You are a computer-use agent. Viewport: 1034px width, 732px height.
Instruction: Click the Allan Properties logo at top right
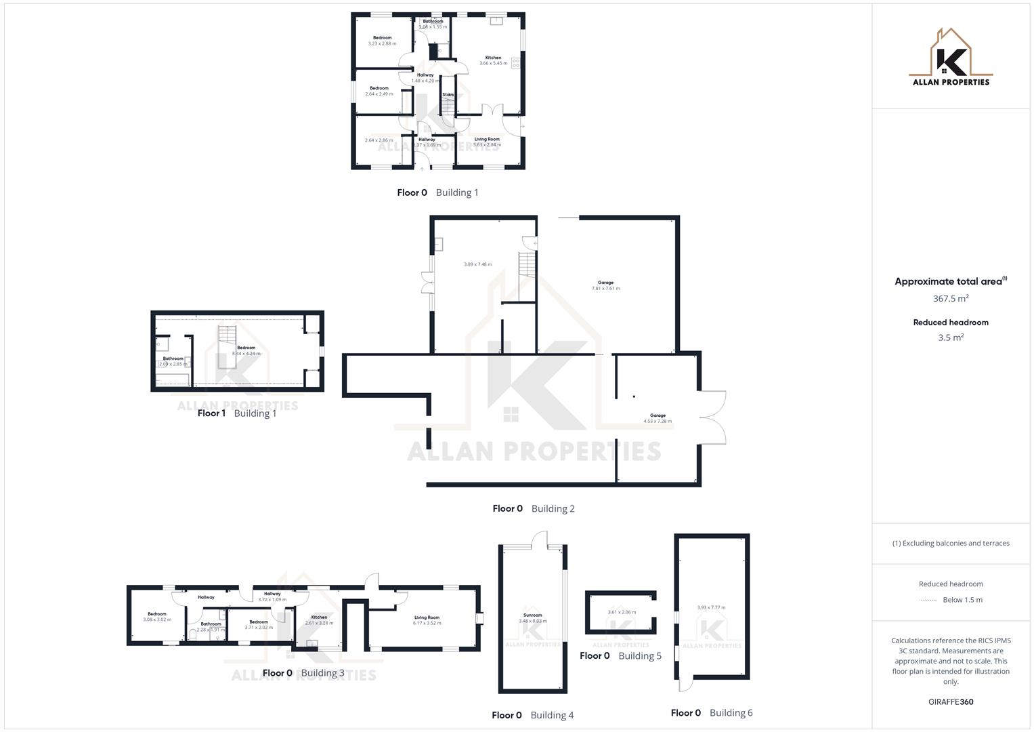[x=951, y=58]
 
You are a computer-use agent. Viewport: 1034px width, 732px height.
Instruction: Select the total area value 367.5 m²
[x=951, y=298]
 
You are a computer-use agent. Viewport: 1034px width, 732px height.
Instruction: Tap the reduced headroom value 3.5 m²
[x=951, y=338]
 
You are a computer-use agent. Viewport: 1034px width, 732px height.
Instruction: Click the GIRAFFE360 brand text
[x=951, y=701]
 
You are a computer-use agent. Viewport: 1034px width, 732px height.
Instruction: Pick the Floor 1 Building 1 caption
[x=237, y=413]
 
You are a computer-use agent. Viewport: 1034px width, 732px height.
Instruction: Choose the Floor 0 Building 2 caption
[x=534, y=508]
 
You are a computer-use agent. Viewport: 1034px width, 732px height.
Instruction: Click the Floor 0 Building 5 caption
[x=620, y=655]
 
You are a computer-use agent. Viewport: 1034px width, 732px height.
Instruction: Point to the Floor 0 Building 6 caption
[x=711, y=712]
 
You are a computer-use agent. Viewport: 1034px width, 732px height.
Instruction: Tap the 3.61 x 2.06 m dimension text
[x=622, y=612]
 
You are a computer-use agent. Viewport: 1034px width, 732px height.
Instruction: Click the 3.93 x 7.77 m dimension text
[x=711, y=607]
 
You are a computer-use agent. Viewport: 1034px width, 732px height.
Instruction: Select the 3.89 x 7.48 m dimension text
[x=477, y=264]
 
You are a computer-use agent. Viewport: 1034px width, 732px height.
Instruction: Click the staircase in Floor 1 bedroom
[x=228, y=346]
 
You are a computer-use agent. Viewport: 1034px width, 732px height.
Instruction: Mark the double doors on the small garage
[x=713, y=418]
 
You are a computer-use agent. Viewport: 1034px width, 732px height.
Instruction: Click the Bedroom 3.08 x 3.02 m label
[x=157, y=617]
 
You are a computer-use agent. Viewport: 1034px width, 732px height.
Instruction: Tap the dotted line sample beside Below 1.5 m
[x=928, y=600]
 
